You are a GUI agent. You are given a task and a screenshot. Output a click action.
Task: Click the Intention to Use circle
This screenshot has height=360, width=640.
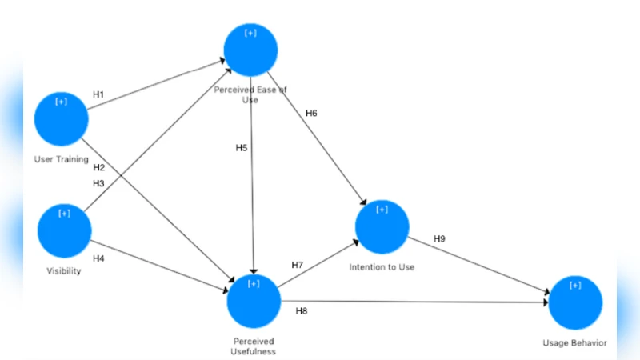(x=382, y=226)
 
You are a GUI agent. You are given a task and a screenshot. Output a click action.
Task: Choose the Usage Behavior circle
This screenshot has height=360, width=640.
(x=574, y=302)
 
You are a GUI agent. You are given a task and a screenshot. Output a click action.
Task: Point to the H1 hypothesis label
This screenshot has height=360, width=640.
(x=98, y=94)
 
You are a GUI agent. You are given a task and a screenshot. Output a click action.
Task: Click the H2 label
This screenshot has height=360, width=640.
(x=98, y=167)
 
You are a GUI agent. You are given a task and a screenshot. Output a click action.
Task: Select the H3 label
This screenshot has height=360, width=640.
(x=98, y=183)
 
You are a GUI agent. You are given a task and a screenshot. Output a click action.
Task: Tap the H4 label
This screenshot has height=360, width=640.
(x=98, y=258)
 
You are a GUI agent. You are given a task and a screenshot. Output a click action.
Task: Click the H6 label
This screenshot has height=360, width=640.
(x=311, y=113)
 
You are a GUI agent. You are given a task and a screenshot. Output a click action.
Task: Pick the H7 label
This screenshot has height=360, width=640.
(x=298, y=264)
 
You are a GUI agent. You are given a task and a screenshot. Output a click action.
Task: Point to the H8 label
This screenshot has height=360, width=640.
(x=302, y=310)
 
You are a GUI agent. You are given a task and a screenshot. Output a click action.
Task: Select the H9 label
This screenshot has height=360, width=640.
(x=439, y=238)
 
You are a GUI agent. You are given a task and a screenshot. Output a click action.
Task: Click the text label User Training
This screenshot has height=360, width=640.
(x=62, y=158)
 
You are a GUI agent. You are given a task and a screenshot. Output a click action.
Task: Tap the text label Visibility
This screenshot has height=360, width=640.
(x=64, y=270)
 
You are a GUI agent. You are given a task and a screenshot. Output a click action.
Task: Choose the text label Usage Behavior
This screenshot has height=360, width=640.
(x=574, y=343)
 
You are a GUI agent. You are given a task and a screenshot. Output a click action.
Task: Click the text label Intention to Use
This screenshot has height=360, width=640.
(x=382, y=266)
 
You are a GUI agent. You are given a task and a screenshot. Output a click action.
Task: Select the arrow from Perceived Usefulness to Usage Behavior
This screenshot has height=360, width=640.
(x=416, y=302)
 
